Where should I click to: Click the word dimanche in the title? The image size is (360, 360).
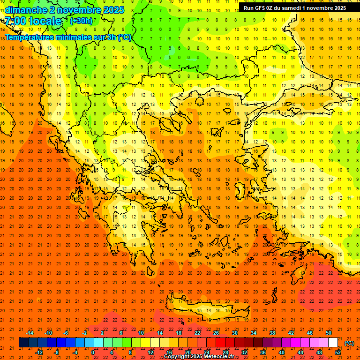tap(26, 10)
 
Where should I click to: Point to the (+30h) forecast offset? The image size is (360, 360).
tap(81, 21)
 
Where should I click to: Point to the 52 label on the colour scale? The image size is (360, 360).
tap(337, 352)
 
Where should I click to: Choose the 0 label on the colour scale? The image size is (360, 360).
tap(93, 352)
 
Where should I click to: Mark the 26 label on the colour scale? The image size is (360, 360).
tap(216, 333)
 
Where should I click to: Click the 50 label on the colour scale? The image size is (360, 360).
tap(328, 333)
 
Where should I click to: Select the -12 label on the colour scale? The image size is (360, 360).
tap(39, 352)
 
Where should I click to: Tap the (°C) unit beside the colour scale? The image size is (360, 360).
tap(349, 343)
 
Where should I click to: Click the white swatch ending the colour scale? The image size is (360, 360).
tap(333, 343)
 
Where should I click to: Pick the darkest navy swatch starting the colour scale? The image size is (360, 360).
tap(23, 343)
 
